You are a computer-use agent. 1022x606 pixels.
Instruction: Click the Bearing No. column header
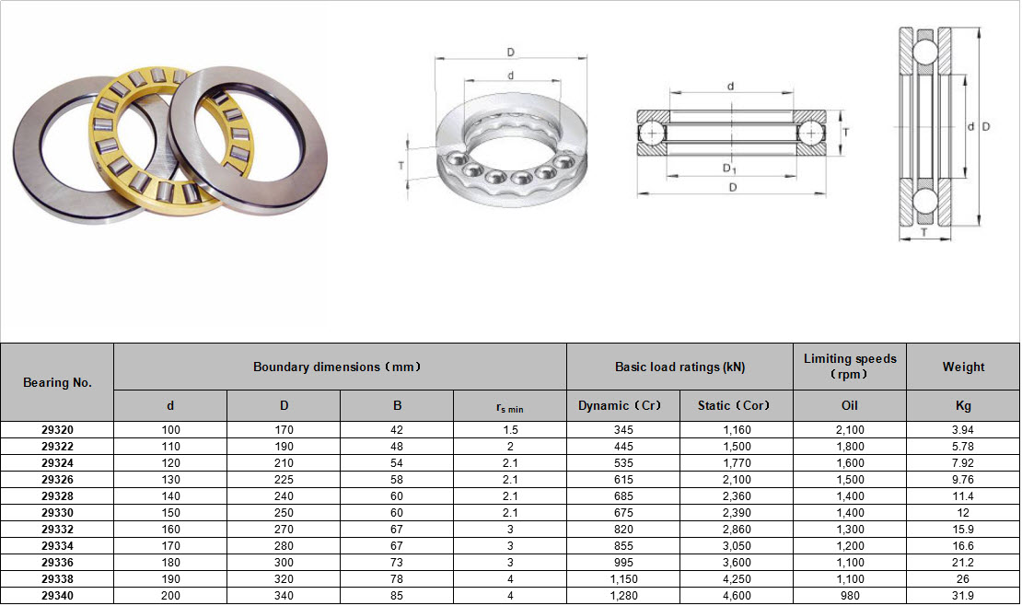click(57, 382)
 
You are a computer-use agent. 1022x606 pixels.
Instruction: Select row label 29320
click(57, 430)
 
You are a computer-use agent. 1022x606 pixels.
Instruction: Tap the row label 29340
click(57, 596)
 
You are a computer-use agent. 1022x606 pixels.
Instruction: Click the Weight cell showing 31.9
click(963, 596)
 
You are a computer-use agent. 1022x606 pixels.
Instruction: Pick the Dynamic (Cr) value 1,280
click(622, 596)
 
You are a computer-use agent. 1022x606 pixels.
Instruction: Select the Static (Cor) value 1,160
click(737, 430)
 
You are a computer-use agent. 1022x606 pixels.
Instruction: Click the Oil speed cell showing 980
click(850, 596)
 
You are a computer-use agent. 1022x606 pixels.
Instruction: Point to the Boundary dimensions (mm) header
click(339, 367)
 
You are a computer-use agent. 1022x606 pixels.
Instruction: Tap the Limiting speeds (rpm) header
click(850, 366)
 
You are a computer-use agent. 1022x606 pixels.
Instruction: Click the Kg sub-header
click(963, 405)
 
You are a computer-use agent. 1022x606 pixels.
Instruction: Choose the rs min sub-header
click(509, 406)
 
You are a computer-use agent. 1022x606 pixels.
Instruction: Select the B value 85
click(396, 596)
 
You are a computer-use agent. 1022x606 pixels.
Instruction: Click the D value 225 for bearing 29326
click(283, 480)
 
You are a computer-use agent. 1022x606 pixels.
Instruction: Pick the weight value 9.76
click(963, 480)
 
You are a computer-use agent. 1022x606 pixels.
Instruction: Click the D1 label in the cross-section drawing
click(729, 169)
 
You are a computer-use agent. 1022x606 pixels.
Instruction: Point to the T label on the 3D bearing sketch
click(401, 165)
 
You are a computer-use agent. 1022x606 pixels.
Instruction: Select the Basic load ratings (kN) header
click(679, 367)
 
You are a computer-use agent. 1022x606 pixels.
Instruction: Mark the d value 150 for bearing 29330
click(169, 513)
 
